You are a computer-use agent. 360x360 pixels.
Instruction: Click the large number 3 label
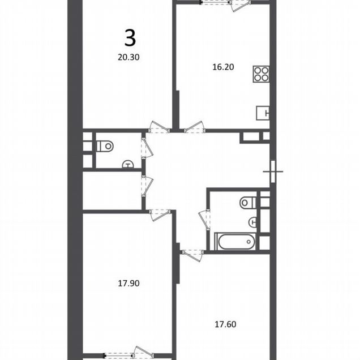130,38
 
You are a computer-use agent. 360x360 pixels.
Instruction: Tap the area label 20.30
128,57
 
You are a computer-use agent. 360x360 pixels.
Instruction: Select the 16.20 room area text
223,67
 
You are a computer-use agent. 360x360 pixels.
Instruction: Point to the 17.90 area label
128,284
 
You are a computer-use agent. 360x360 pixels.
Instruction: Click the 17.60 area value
225,324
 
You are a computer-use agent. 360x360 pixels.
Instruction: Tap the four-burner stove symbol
261,74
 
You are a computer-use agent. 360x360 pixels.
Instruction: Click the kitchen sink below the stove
263,113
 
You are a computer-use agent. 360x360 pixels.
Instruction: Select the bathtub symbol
235,242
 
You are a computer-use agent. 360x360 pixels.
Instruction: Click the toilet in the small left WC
105,146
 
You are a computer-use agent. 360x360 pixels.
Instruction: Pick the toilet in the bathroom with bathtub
248,203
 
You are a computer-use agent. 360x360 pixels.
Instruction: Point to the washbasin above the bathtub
252,222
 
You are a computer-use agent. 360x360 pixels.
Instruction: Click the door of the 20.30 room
159,127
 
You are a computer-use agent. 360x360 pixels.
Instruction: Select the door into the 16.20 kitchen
194,127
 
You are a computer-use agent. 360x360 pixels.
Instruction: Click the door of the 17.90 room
160,215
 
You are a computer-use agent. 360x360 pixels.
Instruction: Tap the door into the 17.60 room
192,255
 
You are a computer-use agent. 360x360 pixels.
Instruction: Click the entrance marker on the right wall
273,172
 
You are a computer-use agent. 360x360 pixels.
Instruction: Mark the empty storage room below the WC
112,191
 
